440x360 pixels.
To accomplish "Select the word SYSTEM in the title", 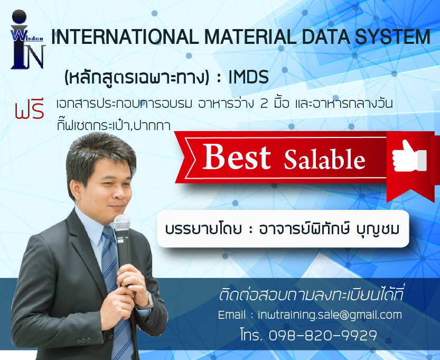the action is coord(392,37).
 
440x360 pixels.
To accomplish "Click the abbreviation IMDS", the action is coord(249,77).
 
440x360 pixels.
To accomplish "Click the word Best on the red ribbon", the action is coord(237,156).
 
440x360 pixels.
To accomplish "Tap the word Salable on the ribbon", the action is coord(325,159).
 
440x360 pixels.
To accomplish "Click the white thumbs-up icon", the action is coord(409,157).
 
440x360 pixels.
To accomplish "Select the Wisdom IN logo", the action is coord(27,39).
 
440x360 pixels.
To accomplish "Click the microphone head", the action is coord(122,222).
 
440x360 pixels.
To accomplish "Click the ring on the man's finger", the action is coord(139,281).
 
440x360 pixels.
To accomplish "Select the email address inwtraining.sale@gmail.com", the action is coord(330,315).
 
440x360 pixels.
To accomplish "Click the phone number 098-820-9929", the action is coord(323,335).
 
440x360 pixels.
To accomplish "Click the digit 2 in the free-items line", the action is coord(264,104).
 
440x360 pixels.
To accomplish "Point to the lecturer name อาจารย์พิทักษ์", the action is coord(305,229).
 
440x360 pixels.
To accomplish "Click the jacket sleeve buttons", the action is coord(84,341).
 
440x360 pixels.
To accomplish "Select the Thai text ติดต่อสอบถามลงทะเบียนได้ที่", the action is coord(311,295).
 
